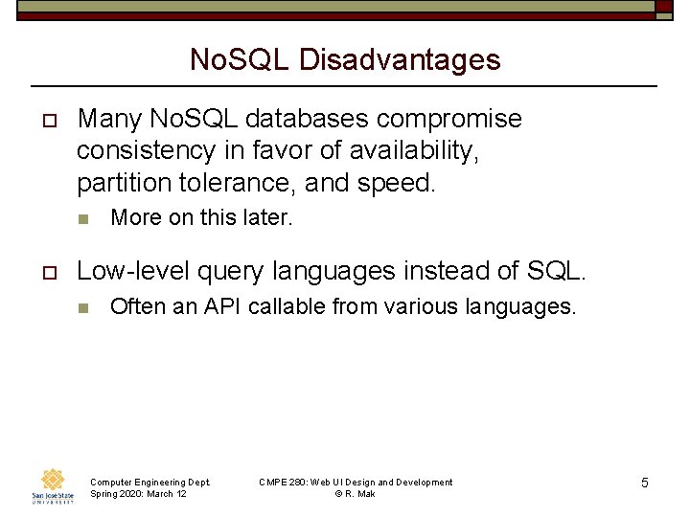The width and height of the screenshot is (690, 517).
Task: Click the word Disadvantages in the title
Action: pos(400,60)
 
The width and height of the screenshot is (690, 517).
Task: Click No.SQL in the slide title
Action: pos(241,60)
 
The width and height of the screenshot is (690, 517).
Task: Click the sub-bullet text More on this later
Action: pos(201,217)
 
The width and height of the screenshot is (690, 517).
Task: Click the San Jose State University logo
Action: pos(53,485)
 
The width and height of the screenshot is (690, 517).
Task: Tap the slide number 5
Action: pos(645,483)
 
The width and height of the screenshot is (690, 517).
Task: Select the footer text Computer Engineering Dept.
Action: pos(149,482)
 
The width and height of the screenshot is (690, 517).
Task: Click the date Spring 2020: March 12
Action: pos(138,493)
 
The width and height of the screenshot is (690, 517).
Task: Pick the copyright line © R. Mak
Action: pos(355,493)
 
